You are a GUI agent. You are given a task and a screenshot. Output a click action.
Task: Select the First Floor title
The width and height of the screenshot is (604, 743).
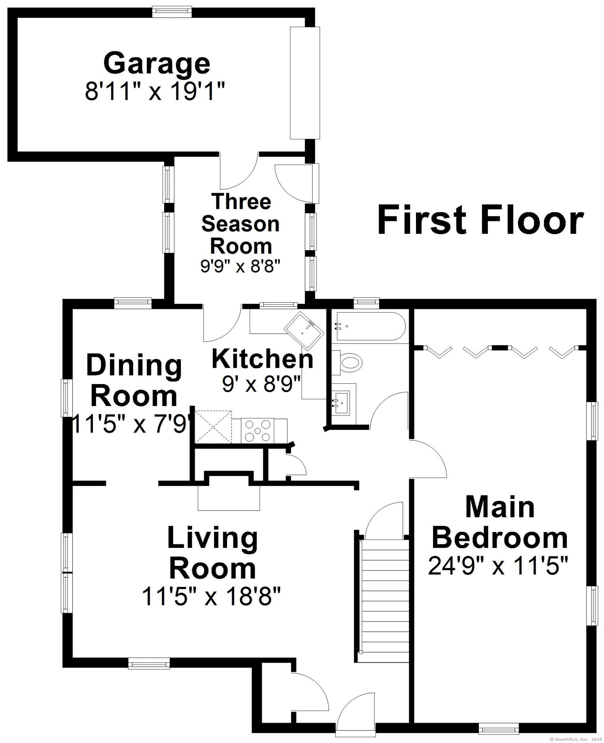480,220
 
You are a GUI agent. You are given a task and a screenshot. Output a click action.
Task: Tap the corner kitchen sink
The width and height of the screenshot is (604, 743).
304,330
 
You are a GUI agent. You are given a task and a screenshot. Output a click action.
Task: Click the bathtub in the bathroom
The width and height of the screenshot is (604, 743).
368,326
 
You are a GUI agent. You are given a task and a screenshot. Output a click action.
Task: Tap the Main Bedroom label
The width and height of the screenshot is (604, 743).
500,523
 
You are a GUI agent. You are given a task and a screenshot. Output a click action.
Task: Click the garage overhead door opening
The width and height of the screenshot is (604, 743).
305,83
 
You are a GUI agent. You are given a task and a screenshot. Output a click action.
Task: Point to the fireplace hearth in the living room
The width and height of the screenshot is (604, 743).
229,498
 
